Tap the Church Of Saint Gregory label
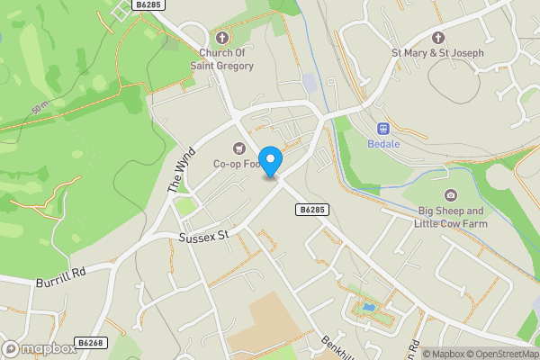[x=227, y=59]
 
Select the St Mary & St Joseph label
[x=438, y=53]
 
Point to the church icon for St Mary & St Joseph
[x=438, y=38]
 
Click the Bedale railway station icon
[x=382, y=128]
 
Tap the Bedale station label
[x=382, y=143]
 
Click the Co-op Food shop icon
[x=239, y=148]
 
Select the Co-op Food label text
[x=235, y=164]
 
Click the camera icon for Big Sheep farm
[x=450, y=195]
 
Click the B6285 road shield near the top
[x=148, y=5]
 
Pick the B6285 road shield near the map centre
[x=310, y=210]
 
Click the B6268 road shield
[x=91, y=343]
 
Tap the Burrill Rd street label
[x=61, y=276]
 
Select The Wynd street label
[x=181, y=169]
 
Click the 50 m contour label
[x=40, y=109]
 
